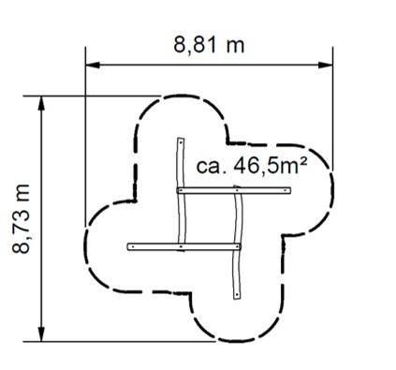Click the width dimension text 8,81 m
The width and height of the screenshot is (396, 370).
[209, 46]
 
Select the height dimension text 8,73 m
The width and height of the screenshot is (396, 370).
[22, 218]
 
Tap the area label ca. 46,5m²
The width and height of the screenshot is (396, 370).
[252, 166]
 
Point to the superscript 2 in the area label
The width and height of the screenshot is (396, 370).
[303, 161]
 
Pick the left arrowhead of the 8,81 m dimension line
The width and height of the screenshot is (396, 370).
[93, 65]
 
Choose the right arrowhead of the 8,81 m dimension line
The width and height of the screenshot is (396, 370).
[325, 65]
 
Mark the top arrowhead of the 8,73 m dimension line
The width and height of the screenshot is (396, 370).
[41, 103]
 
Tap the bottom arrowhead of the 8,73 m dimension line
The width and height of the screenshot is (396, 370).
[41, 333]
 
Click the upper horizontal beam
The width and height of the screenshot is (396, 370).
[234, 190]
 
